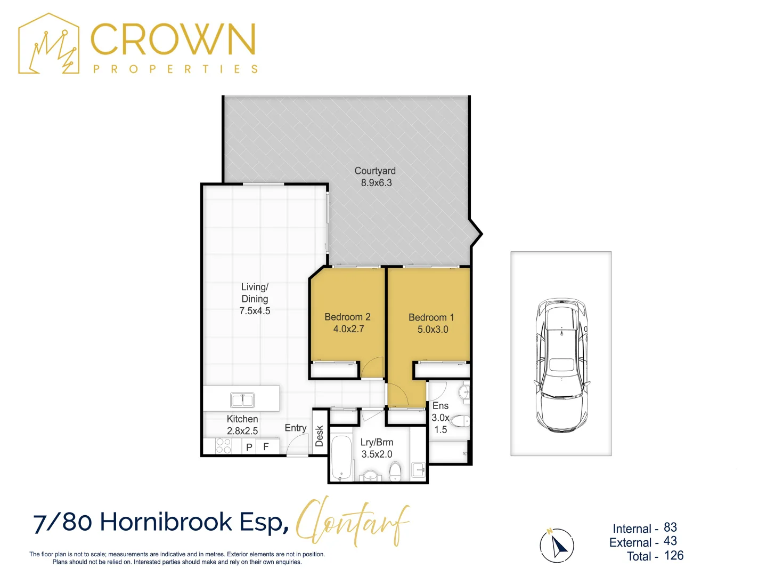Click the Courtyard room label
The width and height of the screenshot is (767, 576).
point(375,171)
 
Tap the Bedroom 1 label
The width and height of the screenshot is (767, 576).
point(431,317)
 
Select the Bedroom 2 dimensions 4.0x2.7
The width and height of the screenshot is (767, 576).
point(348,329)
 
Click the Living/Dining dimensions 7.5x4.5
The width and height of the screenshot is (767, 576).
point(255,311)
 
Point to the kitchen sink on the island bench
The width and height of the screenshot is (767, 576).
point(242,400)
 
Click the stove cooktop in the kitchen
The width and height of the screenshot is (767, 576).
point(224,446)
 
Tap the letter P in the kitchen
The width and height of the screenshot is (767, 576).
point(249,447)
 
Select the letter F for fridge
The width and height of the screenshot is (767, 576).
point(266,447)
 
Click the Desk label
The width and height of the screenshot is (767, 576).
point(320,436)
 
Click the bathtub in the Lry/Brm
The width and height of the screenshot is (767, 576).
point(341,458)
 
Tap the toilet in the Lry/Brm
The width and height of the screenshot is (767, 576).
point(395,471)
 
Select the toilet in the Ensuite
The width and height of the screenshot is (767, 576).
point(460,421)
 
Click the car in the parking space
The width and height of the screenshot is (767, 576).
point(561,365)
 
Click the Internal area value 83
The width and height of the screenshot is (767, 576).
point(670,527)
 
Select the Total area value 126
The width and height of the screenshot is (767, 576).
point(674,556)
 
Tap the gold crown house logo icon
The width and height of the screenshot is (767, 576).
point(49,44)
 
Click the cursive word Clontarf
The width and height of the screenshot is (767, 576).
point(353,521)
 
